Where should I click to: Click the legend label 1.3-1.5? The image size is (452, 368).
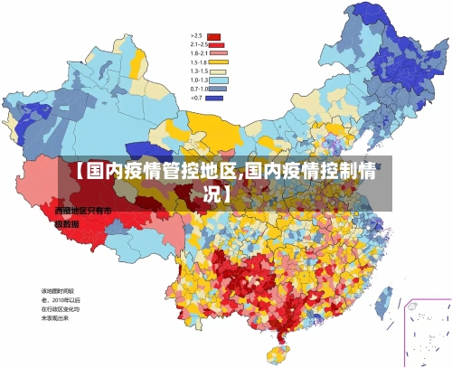[x=198, y=71]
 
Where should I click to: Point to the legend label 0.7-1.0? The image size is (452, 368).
[x=198, y=89]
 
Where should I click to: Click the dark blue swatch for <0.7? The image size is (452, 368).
[x=214, y=97]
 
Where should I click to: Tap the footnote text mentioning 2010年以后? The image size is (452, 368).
[x=61, y=299]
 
